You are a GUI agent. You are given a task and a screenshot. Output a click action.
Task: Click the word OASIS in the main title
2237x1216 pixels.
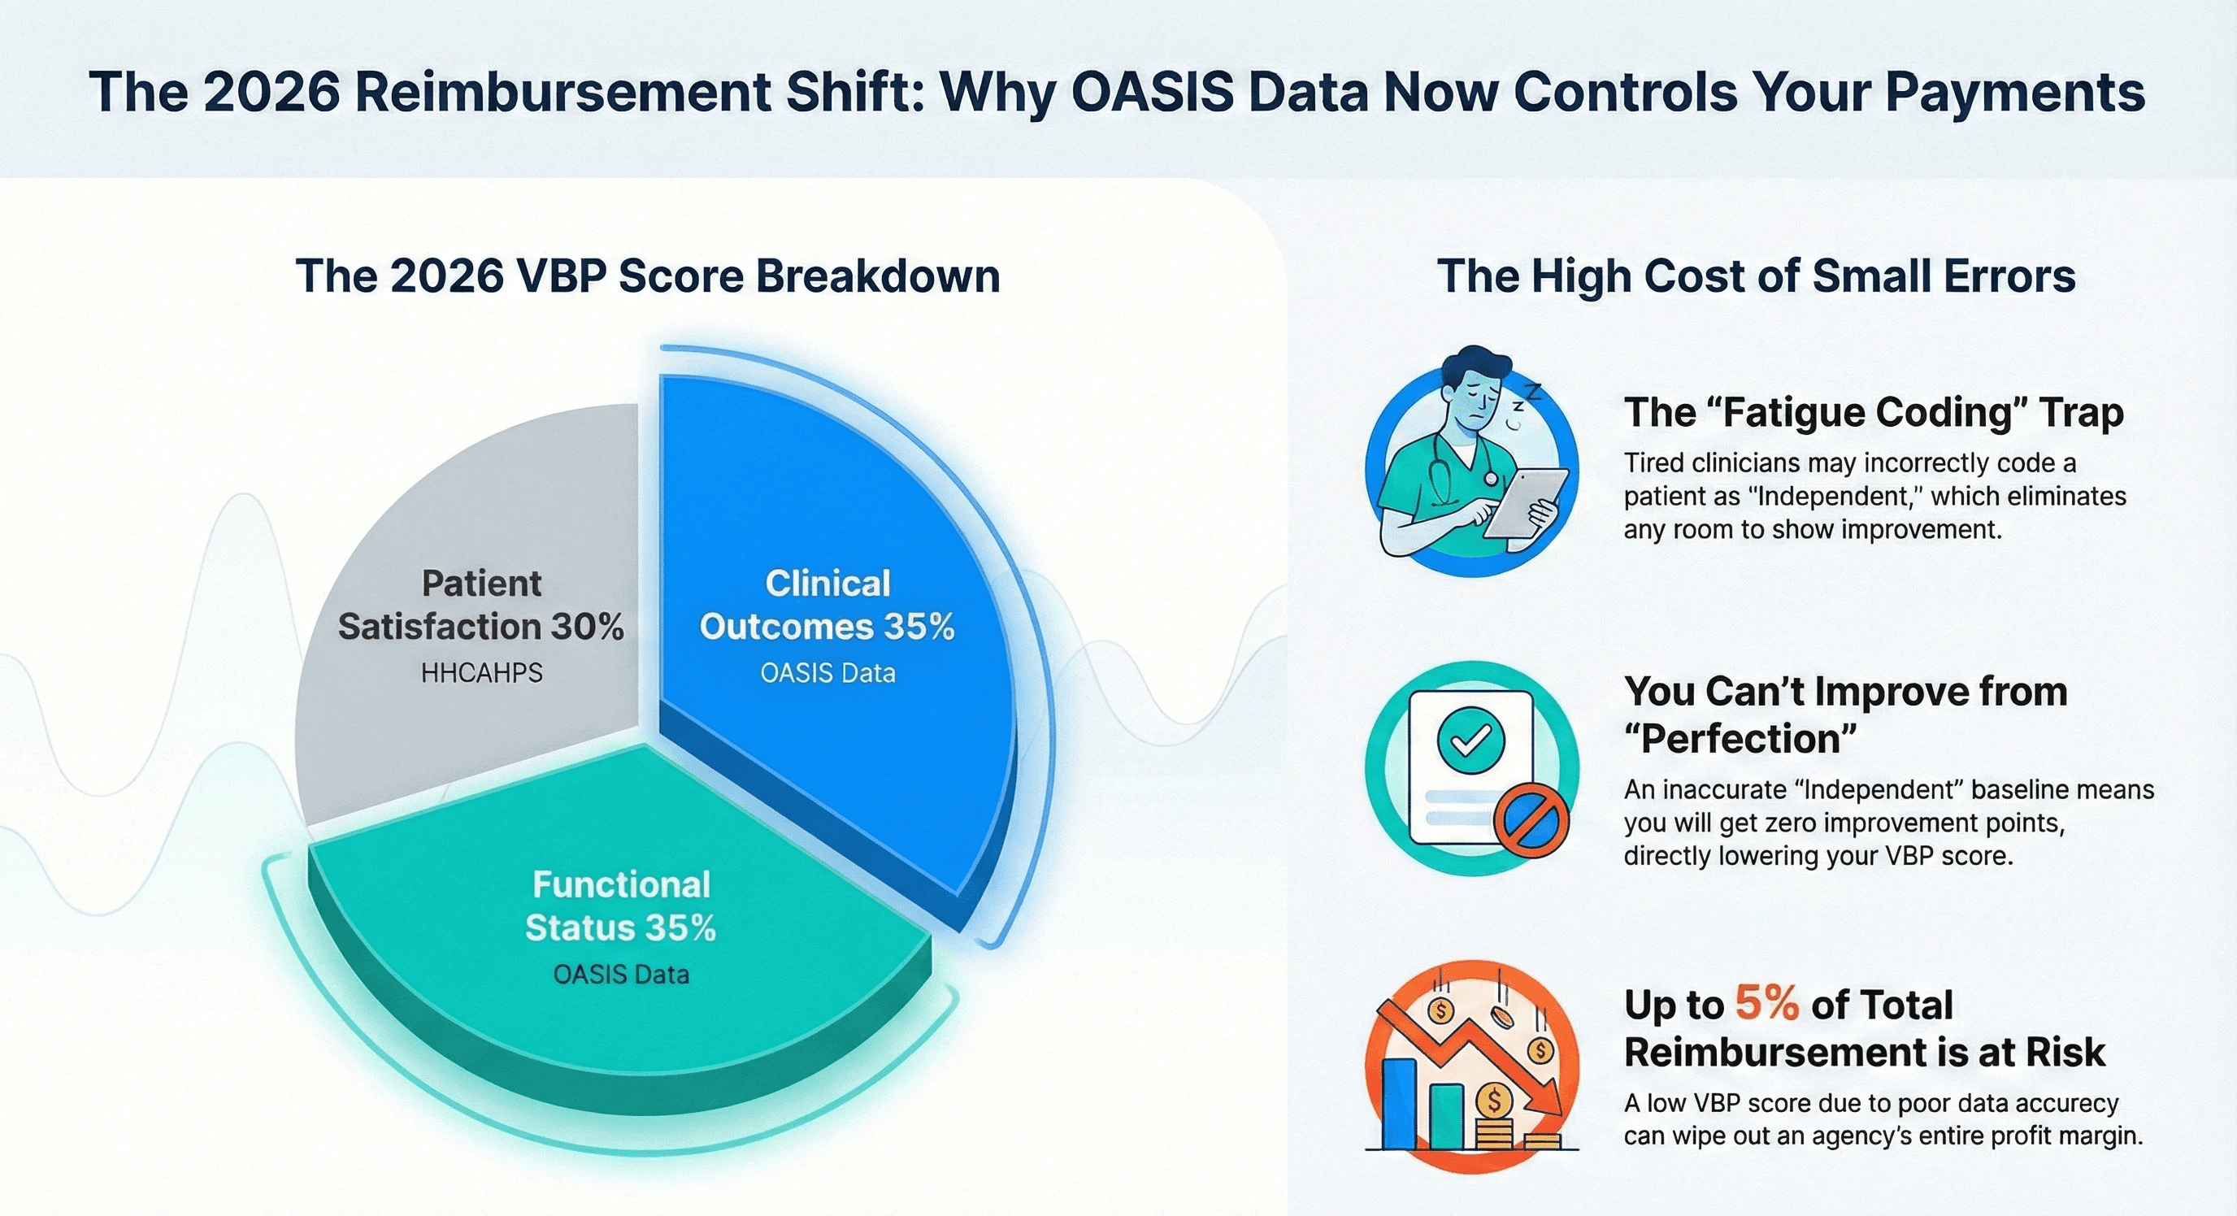(x=1153, y=93)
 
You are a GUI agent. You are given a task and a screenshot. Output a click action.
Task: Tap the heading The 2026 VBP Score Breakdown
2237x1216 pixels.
(x=648, y=276)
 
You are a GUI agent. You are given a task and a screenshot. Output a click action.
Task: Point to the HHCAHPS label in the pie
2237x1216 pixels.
(x=482, y=673)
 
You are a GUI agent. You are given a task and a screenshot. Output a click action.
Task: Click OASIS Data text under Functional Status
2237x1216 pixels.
(x=621, y=975)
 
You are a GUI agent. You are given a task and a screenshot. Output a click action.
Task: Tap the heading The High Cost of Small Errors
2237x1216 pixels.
(x=1756, y=276)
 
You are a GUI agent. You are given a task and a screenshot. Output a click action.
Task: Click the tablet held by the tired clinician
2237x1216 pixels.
(x=1526, y=503)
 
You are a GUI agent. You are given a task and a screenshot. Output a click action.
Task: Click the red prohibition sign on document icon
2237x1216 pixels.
(x=1531, y=820)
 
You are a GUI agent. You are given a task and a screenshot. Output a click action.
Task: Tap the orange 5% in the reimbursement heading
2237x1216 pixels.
(x=1766, y=1005)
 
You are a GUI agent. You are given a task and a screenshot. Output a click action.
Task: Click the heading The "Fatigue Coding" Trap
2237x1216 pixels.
(x=1873, y=413)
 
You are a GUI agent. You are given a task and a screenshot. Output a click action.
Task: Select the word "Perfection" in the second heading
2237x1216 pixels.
(x=1740, y=740)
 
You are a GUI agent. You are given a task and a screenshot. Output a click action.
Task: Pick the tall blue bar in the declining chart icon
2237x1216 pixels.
(x=1398, y=1103)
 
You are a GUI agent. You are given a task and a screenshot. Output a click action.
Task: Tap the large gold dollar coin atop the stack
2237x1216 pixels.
(x=1494, y=1101)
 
